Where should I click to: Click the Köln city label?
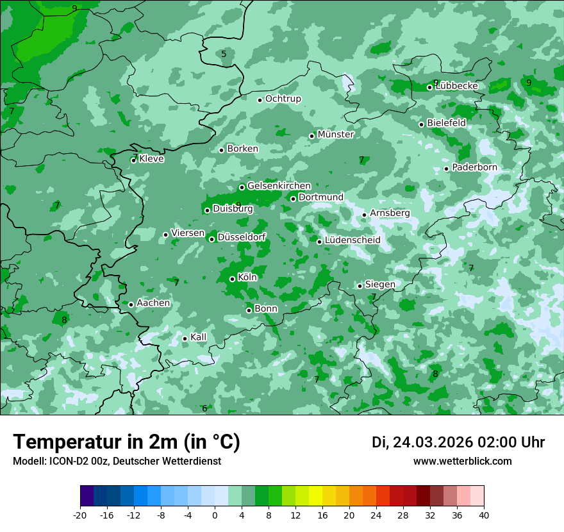[x=247, y=278]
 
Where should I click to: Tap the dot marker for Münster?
[x=312, y=136]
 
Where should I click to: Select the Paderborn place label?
[x=474, y=167]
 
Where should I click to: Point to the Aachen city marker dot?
[x=131, y=304]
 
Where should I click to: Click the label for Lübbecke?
[x=457, y=85]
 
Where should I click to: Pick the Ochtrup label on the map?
[x=283, y=99]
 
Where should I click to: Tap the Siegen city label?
[x=380, y=284]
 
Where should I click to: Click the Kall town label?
[x=198, y=337]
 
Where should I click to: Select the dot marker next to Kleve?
[x=134, y=160]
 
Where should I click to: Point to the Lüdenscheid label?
[x=352, y=240]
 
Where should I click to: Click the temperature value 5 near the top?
[x=224, y=54]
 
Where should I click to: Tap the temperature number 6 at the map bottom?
[x=204, y=408]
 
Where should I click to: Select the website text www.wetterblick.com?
[x=462, y=461]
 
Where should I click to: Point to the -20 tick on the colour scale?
[x=80, y=515]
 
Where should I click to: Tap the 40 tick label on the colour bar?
[x=484, y=515]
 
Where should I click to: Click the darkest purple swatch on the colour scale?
[x=87, y=496]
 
